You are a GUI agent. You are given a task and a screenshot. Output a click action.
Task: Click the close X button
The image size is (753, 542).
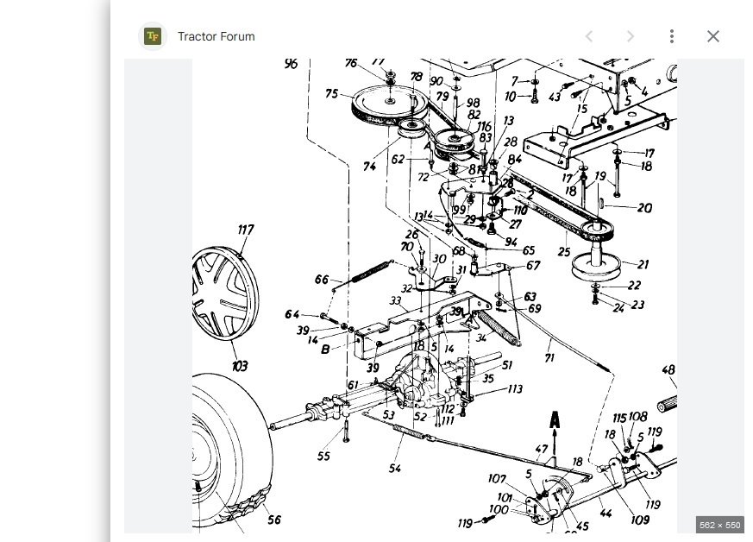pyautogui.click(x=712, y=36)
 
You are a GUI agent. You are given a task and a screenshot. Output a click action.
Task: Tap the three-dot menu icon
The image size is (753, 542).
pyautogui.click(x=671, y=36)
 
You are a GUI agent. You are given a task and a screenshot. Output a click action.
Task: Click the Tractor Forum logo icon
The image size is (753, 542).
pyautogui.click(x=153, y=36)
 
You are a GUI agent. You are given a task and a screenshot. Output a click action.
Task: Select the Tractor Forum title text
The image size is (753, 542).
pyautogui.click(x=216, y=36)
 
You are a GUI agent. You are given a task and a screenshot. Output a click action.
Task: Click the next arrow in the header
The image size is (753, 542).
pyautogui.click(x=630, y=36)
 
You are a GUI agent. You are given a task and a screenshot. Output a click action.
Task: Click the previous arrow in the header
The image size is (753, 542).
pyautogui.click(x=589, y=36)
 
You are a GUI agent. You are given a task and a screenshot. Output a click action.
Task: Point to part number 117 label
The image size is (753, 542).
pyautogui.click(x=246, y=230)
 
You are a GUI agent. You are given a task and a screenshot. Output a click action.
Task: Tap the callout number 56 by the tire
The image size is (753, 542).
pyautogui.click(x=274, y=520)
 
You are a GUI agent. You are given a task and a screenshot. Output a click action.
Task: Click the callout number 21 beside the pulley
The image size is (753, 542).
pyautogui.click(x=643, y=265)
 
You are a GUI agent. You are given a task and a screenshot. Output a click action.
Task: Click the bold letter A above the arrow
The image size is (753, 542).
pyautogui.click(x=555, y=420)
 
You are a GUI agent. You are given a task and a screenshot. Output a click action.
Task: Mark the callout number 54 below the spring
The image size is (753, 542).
pyautogui.click(x=394, y=469)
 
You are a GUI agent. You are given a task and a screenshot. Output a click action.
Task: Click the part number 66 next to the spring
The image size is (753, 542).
pyautogui.click(x=322, y=280)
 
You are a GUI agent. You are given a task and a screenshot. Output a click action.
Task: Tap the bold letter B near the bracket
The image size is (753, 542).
pyautogui.click(x=325, y=350)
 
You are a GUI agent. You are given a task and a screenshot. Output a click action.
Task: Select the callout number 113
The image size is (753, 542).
pyautogui.click(x=515, y=389)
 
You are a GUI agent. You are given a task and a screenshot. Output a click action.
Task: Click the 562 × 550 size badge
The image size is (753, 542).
pyautogui.click(x=718, y=525)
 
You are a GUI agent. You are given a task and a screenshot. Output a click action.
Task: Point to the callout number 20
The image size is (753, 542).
pyautogui.click(x=643, y=208)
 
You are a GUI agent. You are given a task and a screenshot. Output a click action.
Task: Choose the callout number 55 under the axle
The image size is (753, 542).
pyautogui.click(x=323, y=456)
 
